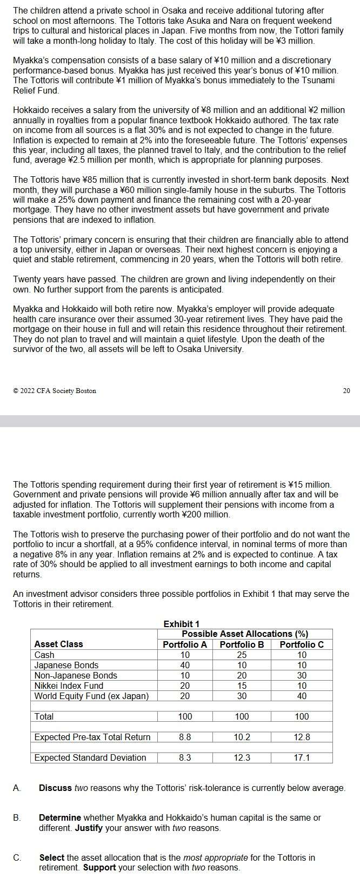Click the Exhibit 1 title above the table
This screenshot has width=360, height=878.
[181, 624]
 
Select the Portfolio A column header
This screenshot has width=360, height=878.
[185, 644]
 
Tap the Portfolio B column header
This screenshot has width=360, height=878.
[242, 644]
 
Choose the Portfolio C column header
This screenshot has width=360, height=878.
[302, 644]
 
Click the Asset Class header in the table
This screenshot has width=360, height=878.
[58, 644]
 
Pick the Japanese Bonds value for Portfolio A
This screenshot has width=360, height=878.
[185, 665]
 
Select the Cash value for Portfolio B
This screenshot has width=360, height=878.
[242, 655]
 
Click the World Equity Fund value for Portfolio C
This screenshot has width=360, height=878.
[302, 696]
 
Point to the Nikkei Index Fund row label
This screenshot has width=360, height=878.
[69, 686]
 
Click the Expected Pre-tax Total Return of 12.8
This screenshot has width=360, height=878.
[302, 737]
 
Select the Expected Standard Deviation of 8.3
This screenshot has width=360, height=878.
[185, 757]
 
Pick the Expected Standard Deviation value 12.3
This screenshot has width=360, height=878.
[242, 757]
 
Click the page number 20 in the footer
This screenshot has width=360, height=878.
[346, 390]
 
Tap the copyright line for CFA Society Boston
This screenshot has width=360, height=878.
[55, 390]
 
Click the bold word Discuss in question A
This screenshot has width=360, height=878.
[55, 788]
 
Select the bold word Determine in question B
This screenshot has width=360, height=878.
[60, 817]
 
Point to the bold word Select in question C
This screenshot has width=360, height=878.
[51, 857]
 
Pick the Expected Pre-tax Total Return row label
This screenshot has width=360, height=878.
[92, 737]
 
